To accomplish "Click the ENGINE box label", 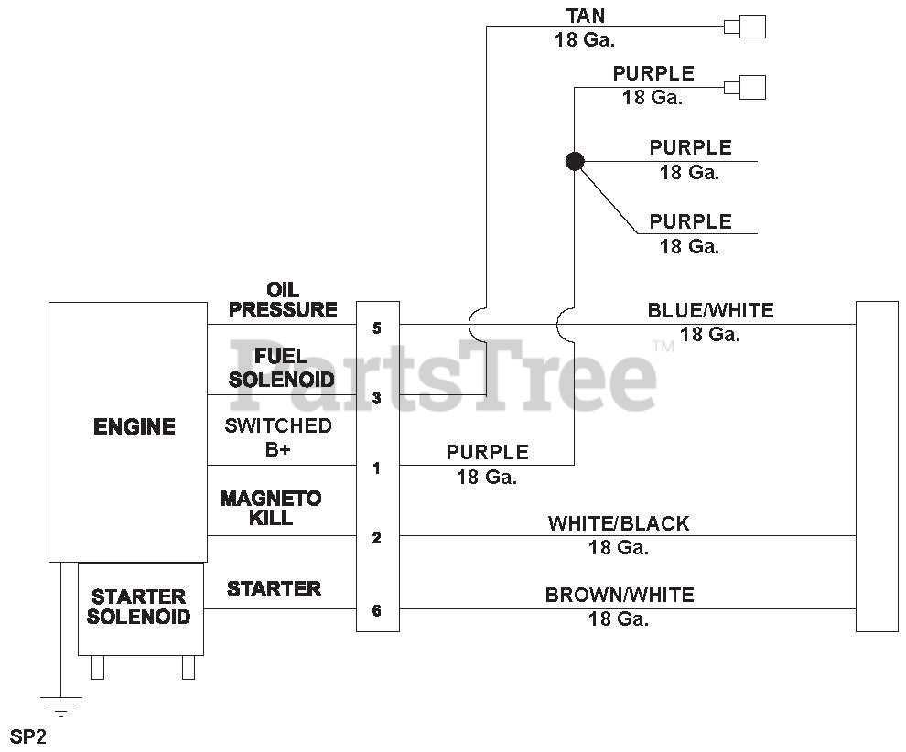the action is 134,427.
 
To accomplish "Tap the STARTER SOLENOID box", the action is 139,607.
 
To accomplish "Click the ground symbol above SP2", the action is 60,705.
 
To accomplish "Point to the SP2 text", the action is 27,736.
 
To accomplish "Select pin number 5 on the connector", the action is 377,328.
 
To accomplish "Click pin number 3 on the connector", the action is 377,398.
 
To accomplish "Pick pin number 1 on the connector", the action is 377,468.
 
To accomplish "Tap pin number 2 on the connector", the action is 377,538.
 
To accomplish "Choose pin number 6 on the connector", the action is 377,611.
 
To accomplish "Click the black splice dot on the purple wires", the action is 575,162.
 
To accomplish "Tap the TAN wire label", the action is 585,16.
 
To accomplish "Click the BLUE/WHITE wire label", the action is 710,311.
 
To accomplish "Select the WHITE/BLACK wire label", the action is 619,524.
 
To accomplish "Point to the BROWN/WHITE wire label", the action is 620,596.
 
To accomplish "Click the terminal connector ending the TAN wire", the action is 746,27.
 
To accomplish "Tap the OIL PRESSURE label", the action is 283,300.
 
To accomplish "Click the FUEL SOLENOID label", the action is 281,368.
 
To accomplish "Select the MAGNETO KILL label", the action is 271,508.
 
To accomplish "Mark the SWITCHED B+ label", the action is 277,437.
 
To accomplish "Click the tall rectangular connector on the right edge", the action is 876,466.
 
